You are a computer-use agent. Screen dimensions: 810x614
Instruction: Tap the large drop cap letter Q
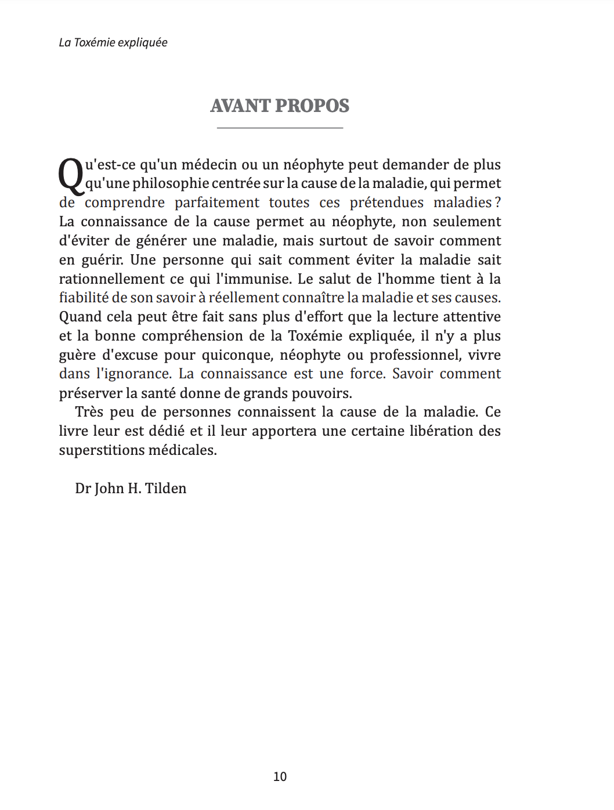71,176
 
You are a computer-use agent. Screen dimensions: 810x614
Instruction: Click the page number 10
280,776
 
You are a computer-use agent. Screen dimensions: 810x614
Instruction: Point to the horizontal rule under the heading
280,128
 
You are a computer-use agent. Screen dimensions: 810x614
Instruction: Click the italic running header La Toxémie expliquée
113,42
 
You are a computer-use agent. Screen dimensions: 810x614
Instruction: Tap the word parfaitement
217,202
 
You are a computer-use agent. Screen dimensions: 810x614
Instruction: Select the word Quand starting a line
79,317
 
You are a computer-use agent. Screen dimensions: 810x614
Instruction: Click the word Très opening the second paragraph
89,412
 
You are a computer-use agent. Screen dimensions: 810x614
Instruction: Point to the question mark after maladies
497,202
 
